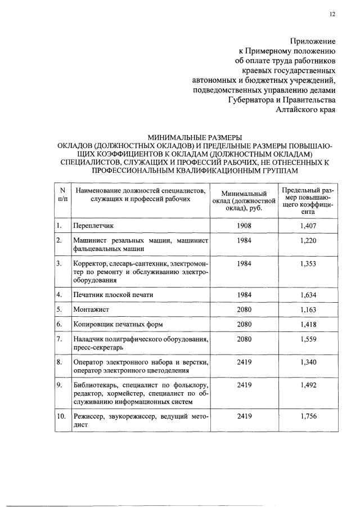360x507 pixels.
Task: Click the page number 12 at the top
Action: coord(332,15)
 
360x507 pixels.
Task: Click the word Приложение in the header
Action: coord(312,41)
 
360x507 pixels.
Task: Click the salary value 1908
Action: coord(244,226)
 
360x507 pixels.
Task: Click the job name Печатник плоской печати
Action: coord(113,294)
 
